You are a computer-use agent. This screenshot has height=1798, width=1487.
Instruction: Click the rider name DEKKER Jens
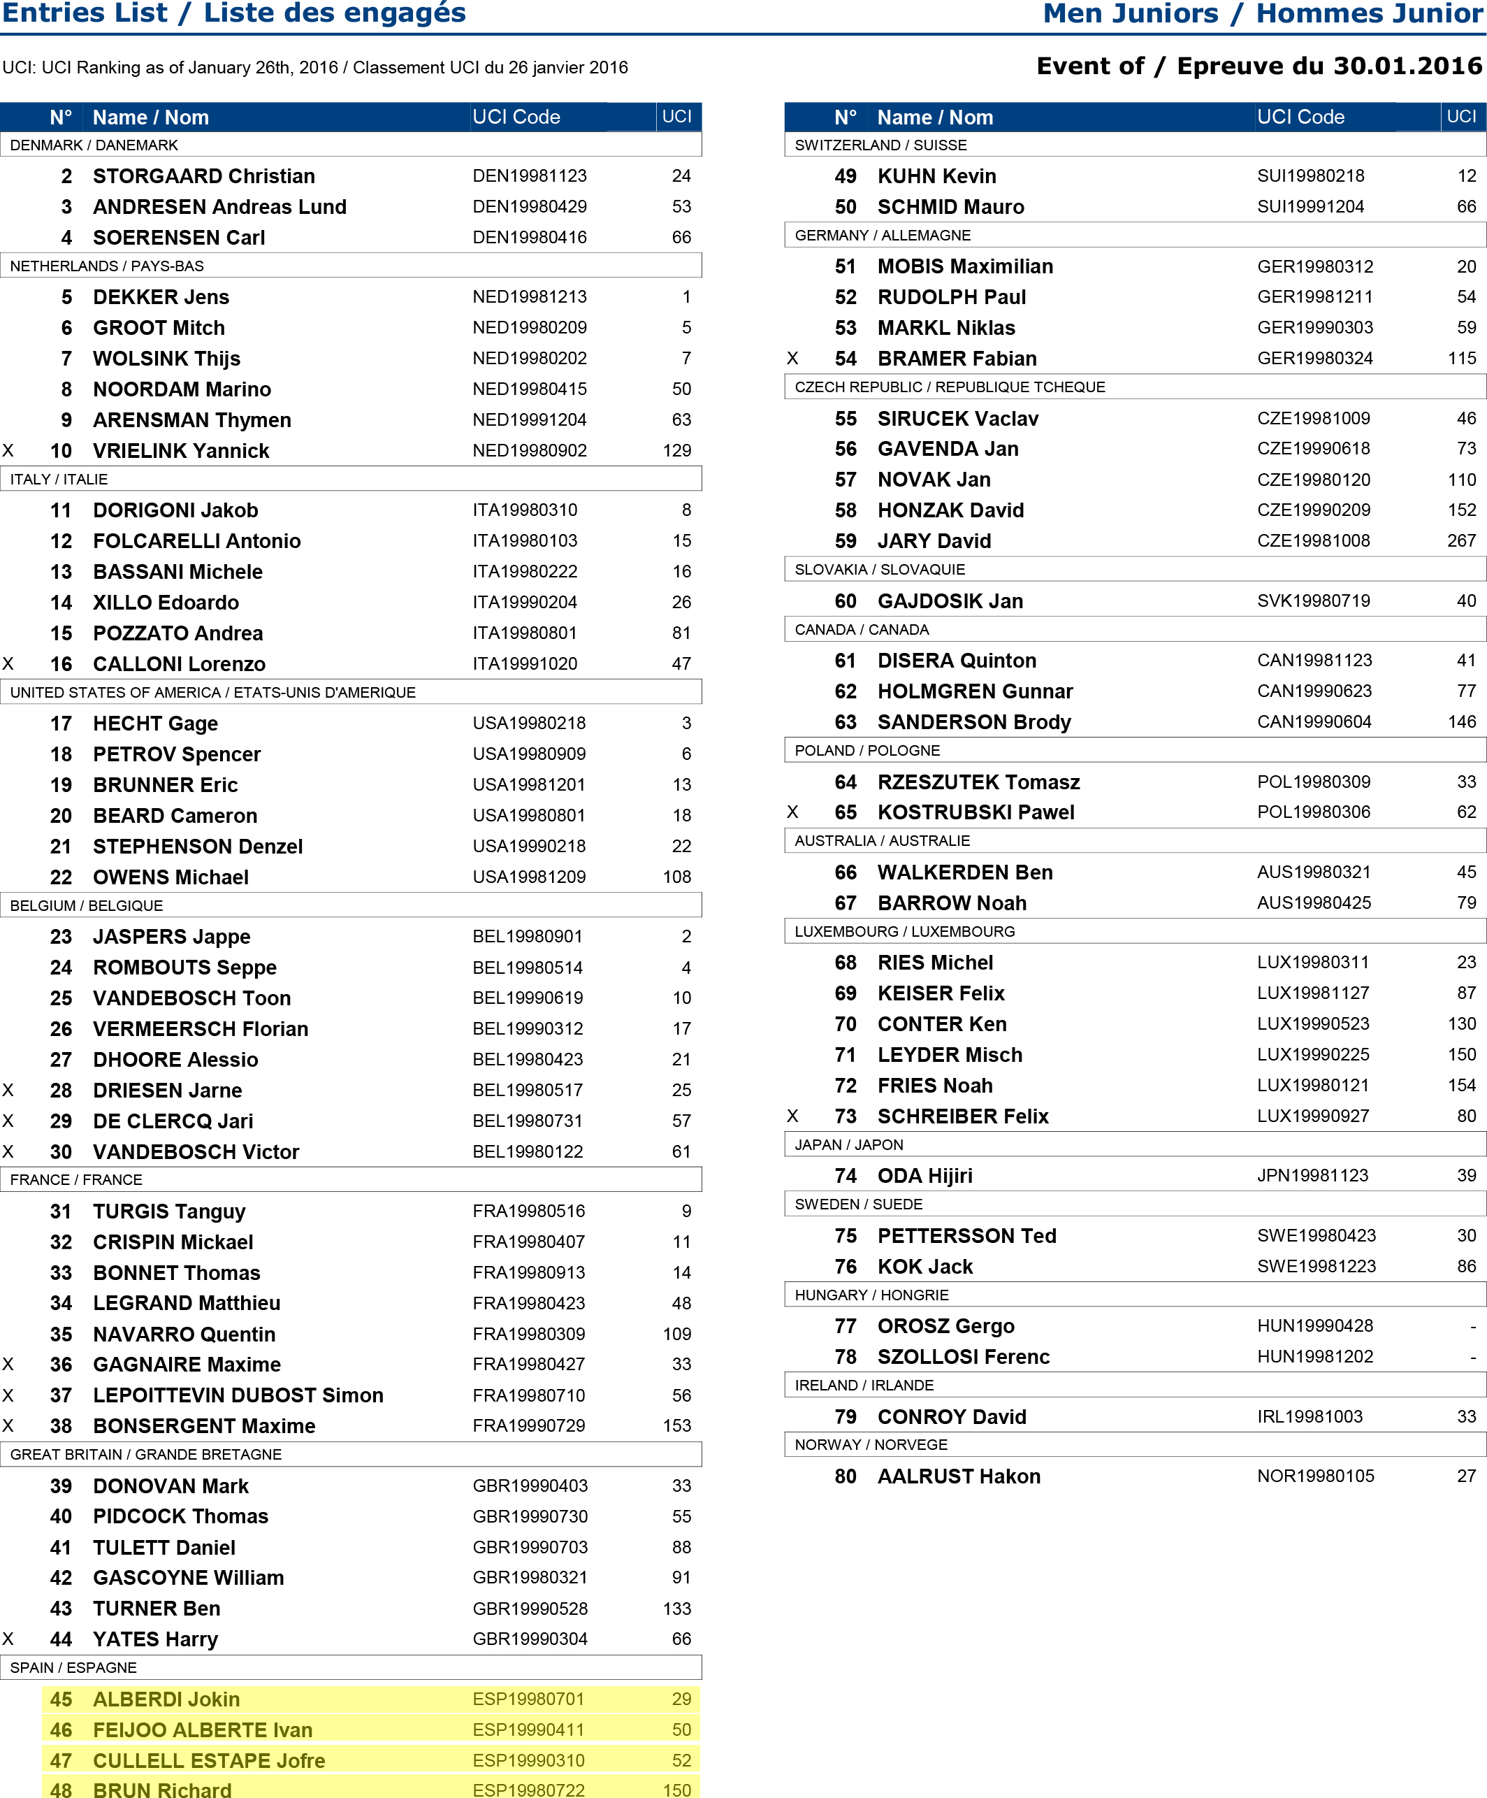pos(161,297)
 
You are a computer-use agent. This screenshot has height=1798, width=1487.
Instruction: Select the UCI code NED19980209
pos(529,328)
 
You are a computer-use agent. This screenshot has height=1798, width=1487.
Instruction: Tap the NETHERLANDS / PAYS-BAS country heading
pos(107,266)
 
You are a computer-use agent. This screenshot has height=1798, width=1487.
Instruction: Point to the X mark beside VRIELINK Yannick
pos(8,450)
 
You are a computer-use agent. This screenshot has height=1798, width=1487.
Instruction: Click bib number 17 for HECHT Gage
pos(61,724)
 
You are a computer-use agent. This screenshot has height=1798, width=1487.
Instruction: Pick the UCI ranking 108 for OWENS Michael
pos(676,877)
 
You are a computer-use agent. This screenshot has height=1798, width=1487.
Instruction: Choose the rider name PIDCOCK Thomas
pos(180,1516)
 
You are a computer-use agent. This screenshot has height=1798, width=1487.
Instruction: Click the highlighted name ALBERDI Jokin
pos(166,1699)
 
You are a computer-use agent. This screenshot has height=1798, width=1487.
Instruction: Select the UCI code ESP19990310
pos(528,1760)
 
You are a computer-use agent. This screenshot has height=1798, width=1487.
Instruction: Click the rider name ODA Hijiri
pos(924,1176)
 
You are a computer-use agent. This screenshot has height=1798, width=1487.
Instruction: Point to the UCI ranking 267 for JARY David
pos(1461,541)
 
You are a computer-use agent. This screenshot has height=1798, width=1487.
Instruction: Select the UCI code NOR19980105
pos(1315,1476)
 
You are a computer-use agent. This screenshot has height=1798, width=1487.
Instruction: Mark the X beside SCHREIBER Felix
pos(792,1116)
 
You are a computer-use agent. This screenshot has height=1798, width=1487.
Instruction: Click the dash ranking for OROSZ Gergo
pos(1472,1326)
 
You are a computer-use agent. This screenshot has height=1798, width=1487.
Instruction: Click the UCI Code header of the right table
pos(1300,117)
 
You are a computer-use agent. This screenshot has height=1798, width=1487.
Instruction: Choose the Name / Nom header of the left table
pos(151,117)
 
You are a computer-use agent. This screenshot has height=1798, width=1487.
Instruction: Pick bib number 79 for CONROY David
pos(845,1417)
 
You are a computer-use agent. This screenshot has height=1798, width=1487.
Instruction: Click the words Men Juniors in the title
pos(1130,14)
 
